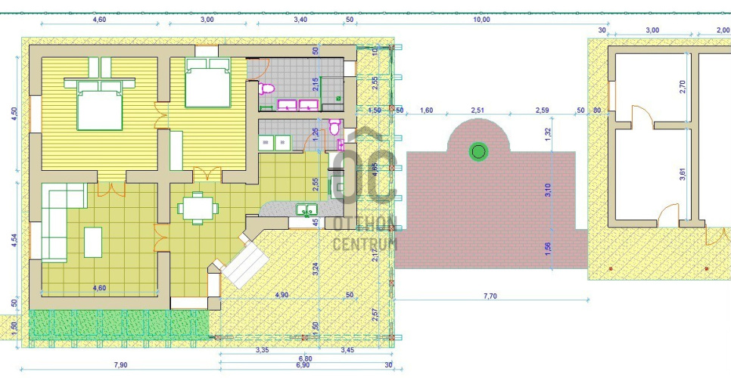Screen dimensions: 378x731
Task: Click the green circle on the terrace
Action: [477, 152]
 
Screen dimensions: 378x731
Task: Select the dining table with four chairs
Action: [198, 208]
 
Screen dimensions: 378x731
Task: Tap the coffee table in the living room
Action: [93, 242]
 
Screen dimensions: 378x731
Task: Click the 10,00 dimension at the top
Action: [481, 20]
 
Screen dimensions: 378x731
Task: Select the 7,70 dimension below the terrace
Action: [490, 296]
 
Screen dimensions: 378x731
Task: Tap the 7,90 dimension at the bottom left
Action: [120, 365]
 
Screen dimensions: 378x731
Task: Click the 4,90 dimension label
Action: [282, 294]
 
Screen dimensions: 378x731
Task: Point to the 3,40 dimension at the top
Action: [300, 20]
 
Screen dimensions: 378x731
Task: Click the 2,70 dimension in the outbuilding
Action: [683, 87]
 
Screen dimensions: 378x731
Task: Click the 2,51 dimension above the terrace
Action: [477, 110]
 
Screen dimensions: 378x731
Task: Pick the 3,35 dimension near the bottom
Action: [263, 350]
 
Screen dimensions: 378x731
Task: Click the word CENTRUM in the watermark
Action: [365, 243]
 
